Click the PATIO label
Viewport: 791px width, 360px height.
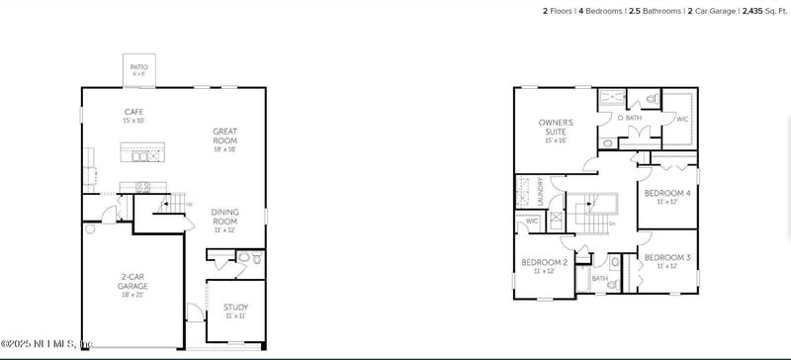[138, 67]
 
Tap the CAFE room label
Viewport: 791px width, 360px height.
[133, 112]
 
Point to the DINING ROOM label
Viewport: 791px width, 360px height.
[225, 216]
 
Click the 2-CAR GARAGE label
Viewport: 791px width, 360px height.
[132, 282]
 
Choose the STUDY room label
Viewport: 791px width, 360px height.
[235, 307]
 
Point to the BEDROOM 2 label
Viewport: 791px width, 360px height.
[544, 262]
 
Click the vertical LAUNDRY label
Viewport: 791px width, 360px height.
[540, 191]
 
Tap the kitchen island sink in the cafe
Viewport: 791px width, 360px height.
[141, 155]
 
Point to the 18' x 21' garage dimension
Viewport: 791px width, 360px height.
[132, 294]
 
